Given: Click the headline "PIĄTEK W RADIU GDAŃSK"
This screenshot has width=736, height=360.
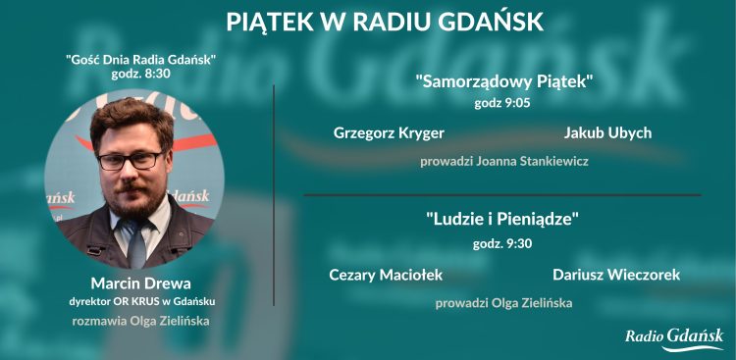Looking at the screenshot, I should pos(384,22).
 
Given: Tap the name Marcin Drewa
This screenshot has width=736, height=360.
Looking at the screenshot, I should pos(133,283).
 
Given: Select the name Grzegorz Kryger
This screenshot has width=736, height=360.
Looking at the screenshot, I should pos(389,132).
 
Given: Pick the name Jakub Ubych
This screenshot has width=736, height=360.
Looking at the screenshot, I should pos(607,132).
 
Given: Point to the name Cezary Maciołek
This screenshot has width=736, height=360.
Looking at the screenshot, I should pos(385,275).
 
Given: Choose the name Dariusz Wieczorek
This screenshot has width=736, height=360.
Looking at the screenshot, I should pos(615,275).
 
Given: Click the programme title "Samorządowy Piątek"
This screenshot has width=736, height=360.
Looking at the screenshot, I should pos(504,82).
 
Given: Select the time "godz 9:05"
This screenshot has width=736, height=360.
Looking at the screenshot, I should pos(502,103).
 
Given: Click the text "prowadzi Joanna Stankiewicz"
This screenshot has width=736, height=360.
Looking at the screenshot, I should pos(503,161).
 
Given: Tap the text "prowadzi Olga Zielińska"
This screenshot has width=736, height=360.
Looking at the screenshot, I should pos(503,303).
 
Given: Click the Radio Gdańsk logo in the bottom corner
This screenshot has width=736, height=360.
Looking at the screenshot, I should pos(674,337).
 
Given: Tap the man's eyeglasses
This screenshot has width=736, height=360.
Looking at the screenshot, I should pos(130,159).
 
